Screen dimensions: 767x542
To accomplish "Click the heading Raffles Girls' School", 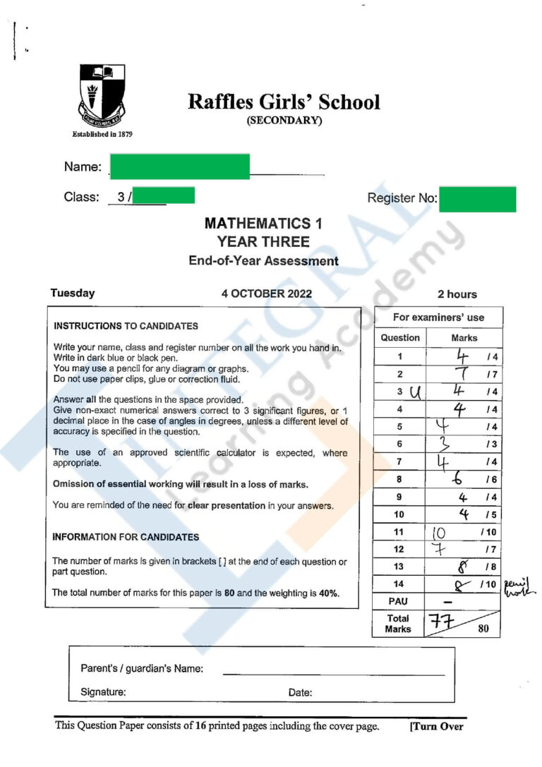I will pos(284,102).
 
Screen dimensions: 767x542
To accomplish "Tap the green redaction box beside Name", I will pos(179,167).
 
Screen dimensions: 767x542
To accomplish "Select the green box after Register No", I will pos(477,199).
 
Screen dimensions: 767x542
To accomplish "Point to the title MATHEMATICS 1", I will pos(263,224).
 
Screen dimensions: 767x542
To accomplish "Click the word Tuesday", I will pos(73,294).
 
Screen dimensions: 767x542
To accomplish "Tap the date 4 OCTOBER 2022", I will pos(266,294).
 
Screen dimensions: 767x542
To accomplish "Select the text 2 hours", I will pos(457,294).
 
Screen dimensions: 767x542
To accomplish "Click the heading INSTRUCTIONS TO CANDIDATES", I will pos(126,326).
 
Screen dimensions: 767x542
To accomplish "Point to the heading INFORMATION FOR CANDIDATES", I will pos(126,537).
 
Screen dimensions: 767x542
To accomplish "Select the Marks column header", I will pos(464,338).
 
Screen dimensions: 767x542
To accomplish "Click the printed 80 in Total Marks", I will pos(483,629).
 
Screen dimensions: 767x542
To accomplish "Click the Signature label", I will pos(103,692).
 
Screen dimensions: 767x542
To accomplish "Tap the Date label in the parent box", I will pos(300,693).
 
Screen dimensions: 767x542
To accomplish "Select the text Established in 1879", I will pos(103,134).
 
